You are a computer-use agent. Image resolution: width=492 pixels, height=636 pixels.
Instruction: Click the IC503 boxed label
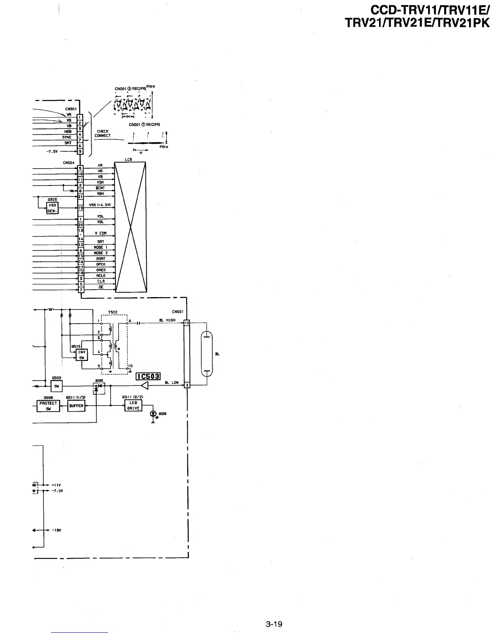pyautogui.click(x=148, y=376)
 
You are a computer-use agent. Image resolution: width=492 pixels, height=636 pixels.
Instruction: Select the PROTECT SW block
pyautogui.click(x=48, y=406)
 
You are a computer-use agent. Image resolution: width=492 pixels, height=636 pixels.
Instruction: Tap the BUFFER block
pyautogui.click(x=76, y=406)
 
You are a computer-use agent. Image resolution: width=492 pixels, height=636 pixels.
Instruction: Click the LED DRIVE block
pyautogui.click(x=133, y=406)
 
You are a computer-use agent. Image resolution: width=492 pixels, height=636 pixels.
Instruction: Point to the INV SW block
pyautogui.click(x=82, y=355)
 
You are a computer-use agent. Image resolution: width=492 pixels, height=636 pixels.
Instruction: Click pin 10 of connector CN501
pyautogui.click(x=187, y=322)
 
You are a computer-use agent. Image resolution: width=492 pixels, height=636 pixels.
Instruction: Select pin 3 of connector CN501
pyautogui.click(x=187, y=385)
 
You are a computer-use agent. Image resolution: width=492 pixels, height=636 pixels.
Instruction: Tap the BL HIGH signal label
pyautogui.click(x=167, y=320)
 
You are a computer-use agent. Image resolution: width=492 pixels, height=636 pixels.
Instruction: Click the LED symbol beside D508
pyautogui.click(x=153, y=414)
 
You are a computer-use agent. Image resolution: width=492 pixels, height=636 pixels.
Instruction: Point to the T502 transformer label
pyautogui.click(x=113, y=312)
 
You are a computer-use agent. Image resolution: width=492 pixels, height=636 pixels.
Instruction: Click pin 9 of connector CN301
pyautogui.click(x=80, y=151)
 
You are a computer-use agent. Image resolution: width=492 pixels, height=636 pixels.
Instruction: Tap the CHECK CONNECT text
pyautogui.click(x=102, y=134)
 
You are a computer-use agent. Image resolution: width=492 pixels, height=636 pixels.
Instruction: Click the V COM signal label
pyautogui.click(x=100, y=233)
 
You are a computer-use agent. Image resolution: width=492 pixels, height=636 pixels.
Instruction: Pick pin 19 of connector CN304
pyautogui.click(x=80, y=208)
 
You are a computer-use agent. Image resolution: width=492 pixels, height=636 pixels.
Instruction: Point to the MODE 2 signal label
pyautogui.click(x=100, y=253)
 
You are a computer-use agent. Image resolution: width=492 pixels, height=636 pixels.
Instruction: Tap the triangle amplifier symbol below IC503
pyautogui.click(x=145, y=385)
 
